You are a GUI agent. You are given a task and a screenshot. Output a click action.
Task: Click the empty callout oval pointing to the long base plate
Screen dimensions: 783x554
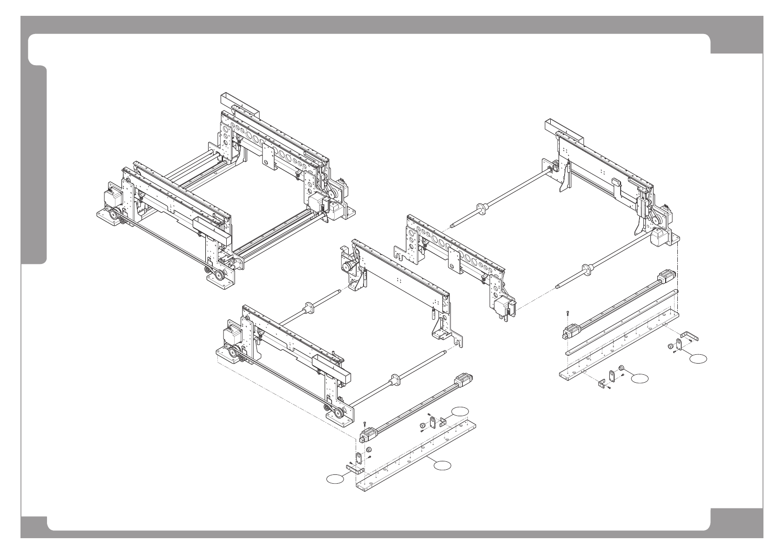(442, 464)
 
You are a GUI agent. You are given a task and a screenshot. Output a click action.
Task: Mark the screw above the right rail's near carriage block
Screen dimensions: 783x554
(568, 313)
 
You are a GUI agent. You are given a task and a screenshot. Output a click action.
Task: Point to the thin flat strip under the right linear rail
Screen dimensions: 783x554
(621, 323)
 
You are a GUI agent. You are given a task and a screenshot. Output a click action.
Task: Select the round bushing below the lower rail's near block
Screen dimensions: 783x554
(368, 450)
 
